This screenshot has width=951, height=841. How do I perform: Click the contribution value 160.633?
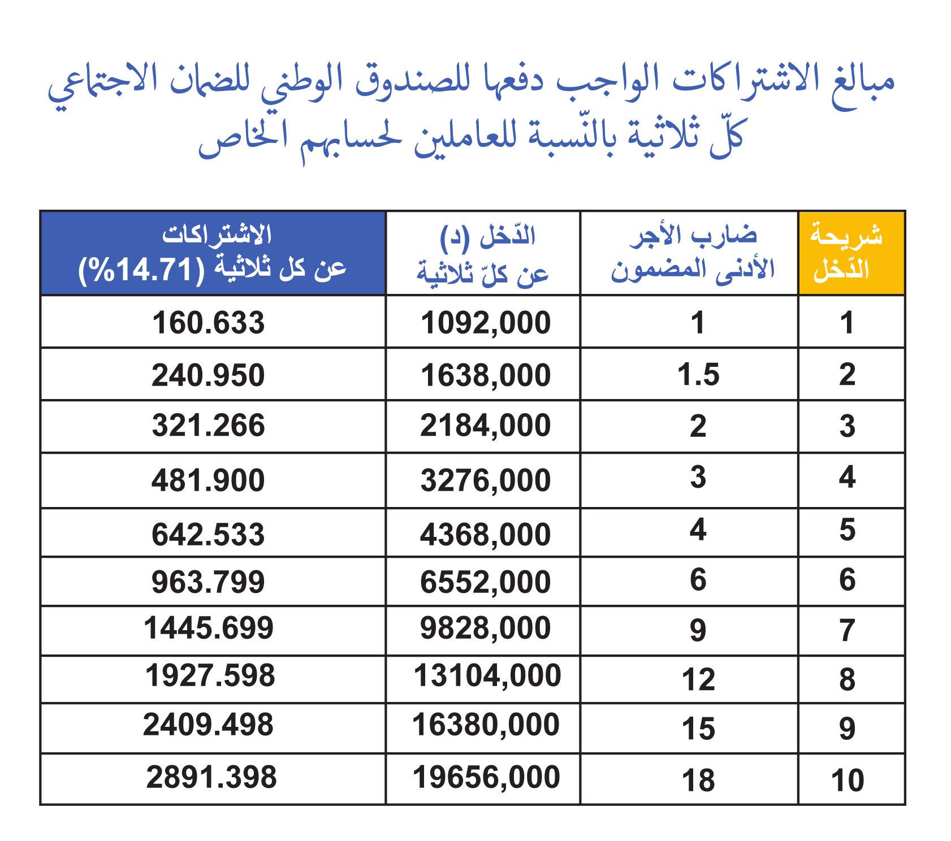(x=208, y=323)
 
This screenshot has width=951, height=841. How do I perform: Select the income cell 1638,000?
(x=486, y=375)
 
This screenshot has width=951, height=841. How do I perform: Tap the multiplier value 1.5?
(x=698, y=374)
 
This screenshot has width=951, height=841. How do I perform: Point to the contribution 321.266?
(x=208, y=426)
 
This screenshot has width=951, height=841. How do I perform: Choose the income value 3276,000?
(x=486, y=480)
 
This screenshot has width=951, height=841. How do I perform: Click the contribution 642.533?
(x=208, y=535)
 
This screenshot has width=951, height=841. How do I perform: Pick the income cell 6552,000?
(x=486, y=582)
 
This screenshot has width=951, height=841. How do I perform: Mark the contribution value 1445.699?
(x=209, y=628)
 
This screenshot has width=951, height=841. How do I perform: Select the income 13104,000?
(x=487, y=676)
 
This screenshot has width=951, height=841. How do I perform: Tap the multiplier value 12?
(x=698, y=679)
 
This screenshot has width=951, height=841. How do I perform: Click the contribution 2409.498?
(x=208, y=725)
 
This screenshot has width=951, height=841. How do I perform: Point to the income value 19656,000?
(x=486, y=777)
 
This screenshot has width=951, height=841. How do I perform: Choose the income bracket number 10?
(x=848, y=781)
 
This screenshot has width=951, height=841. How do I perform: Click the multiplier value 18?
(x=698, y=781)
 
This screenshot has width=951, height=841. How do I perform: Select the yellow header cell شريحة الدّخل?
(x=851, y=253)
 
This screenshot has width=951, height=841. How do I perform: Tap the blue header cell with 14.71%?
(x=213, y=253)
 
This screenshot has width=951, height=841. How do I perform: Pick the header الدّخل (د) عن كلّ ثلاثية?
(x=483, y=255)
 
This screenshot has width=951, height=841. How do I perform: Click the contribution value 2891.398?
(x=211, y=777)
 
